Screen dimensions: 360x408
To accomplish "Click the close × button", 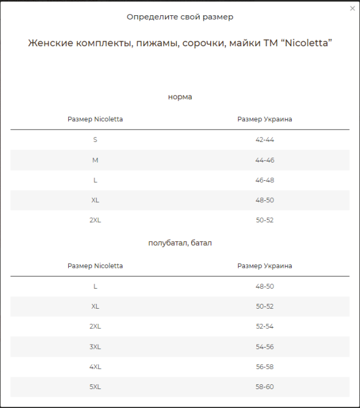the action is tap(353, 9).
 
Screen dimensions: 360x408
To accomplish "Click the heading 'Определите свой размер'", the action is tap(180, 17).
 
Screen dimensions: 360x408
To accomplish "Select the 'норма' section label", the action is tap(180, 96).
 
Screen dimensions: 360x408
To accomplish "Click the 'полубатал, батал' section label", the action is tap(180, 242).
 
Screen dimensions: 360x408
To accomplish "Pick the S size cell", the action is tap(95, 139).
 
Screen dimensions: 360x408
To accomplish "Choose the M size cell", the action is tap(95, 160).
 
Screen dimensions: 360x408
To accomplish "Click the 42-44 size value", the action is tap(264, 139).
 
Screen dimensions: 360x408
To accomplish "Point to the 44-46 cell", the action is tap(264, 160).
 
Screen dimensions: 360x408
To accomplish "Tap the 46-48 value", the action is tap(264, 180).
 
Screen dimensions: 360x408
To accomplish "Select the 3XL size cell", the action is tap(95, 346).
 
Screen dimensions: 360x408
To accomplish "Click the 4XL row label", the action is tap(95, 367).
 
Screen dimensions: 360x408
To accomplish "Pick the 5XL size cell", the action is tap(95, 387).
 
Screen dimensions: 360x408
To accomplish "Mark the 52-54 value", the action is tap(264, 326).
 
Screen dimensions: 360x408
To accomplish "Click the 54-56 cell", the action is tap(264, 346).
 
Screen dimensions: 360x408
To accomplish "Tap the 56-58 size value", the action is tap(264, 367).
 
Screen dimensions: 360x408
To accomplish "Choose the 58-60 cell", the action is tap(264, 387).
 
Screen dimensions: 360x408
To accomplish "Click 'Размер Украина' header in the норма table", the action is tap(264, 119).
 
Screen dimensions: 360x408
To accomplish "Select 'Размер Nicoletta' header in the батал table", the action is tap(95, 266).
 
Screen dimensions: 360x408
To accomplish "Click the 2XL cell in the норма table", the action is tap(95, 220).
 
